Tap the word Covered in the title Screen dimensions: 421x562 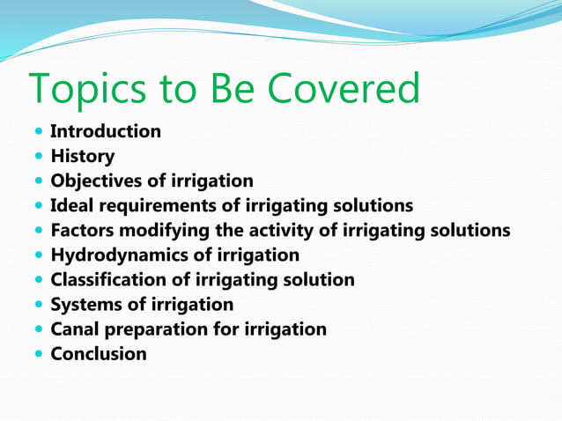point(344,89)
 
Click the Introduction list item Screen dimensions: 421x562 point(106,132)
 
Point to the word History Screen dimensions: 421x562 point(83,157)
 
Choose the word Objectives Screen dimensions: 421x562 point(98,181)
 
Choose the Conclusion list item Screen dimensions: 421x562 point(99,354)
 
